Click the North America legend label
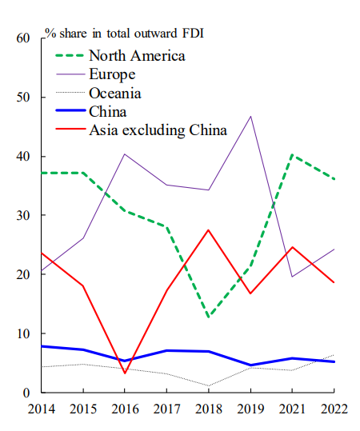[x=137, y=56]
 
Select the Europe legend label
[x=112, y=74]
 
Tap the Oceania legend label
[x=115, y=93]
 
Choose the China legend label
[x=108, y=112]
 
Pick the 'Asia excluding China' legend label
[x=158, y=130]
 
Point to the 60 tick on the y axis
[x=23, y=38]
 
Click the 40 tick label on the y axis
[x=23, y=157]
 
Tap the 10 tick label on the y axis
[x=23, y=333]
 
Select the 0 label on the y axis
[x=26, y=393]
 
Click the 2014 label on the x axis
[x=42, y=409]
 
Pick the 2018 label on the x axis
[x=209, y=409]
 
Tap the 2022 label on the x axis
[x=334, y=409]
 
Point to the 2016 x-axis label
[x=125, y=409]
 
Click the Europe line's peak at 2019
[x=250, y=117]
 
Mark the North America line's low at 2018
[x=209, y=317]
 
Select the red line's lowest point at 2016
[x=125, y=373]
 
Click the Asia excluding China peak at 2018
[x=209, y=230]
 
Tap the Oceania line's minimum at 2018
[x=209, y=386]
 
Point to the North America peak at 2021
[x=292, y=155]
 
